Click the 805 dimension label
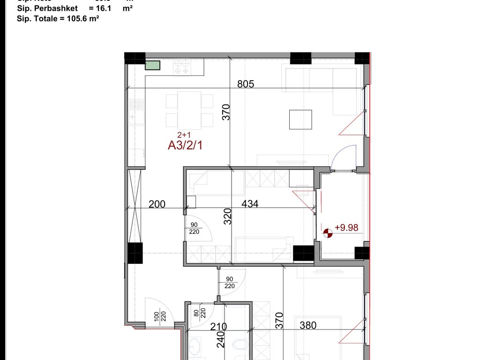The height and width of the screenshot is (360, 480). coord(246,84)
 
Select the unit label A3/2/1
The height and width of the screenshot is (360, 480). coord(185,145)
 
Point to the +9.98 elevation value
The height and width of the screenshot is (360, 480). coord(346,228)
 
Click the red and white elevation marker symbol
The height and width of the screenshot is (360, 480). coord(328,231)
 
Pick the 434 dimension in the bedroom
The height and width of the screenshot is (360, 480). coord(250,204)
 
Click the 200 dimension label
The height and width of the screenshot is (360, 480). coord(157,204)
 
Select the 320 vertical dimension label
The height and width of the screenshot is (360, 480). coord(227,217)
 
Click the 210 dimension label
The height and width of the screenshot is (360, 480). coord(218,326)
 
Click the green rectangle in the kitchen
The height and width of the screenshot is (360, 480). coord(152,65)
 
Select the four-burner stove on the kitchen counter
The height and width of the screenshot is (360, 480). coord(181,68)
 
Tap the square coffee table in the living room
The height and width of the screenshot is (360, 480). coord(300,120)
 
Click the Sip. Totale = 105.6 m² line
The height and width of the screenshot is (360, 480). coord(58,18)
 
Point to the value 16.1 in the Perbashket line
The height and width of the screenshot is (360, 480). coord(104,9)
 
